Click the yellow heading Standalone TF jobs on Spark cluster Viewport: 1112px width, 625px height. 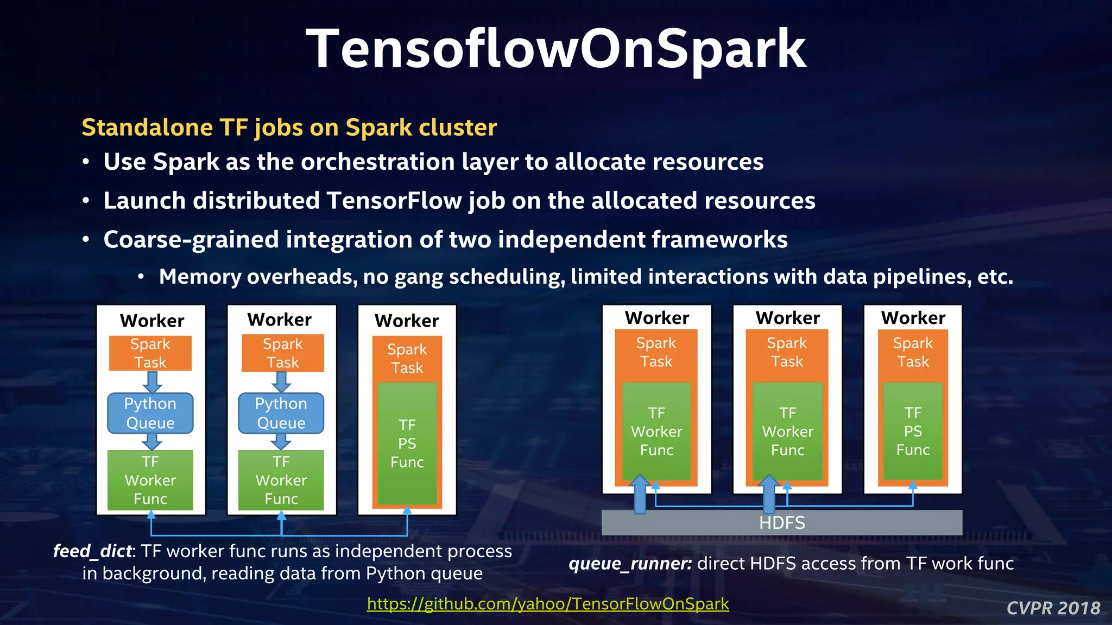[x=289, y=128]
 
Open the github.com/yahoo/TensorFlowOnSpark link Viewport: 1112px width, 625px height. [x=547, y=603]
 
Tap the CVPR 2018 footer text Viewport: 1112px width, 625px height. [x=1053, y=608]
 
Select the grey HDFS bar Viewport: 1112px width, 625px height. [x=782, y=522]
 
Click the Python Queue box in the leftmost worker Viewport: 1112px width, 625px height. [x=150, y=413]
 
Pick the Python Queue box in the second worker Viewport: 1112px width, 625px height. [x=281, y=413]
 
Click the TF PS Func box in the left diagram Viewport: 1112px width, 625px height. [x=407, y=443]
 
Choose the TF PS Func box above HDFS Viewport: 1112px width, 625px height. [x=913, y=431]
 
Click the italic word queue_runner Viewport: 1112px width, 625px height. [x=630, y=564]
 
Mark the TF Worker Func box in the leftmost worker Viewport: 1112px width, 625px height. [x=150, y=480]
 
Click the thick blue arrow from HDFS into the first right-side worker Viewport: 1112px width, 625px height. [x=640, y=494]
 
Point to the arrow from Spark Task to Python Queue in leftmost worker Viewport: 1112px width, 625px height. [x=153, y=382]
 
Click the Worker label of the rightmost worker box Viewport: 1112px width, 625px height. [x=913, y=318]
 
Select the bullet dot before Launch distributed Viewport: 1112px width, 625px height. [x=86, y=201]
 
